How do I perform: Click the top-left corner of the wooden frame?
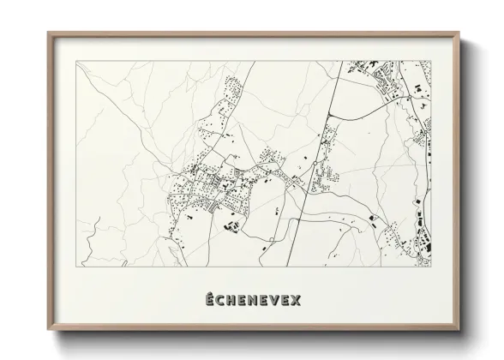pyautogui.click(x=46, y=32)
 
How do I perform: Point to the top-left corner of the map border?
pyautogui.click(x=77, y=60)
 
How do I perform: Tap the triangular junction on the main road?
pyautogui.click(x=297, y=181)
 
